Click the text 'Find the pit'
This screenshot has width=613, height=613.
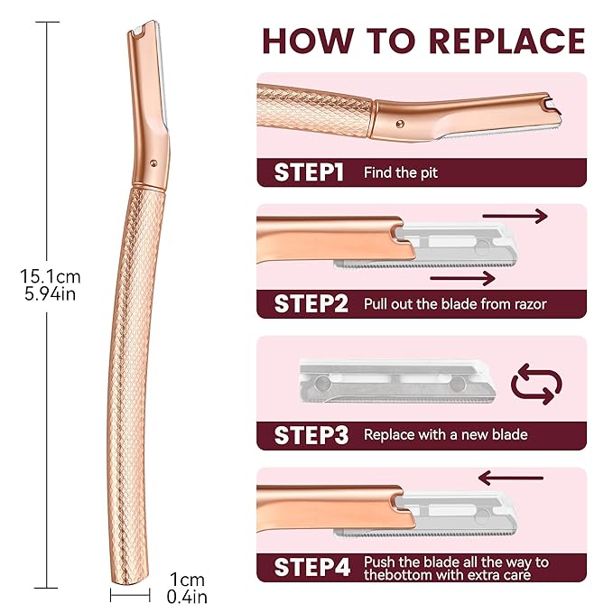click(401, 172)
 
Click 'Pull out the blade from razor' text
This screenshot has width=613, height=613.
click(455, 303)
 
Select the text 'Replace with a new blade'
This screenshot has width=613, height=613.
click(445, 434)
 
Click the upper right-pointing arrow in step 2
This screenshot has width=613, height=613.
click(515, 216)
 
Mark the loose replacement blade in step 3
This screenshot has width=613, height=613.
click(397, 379)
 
